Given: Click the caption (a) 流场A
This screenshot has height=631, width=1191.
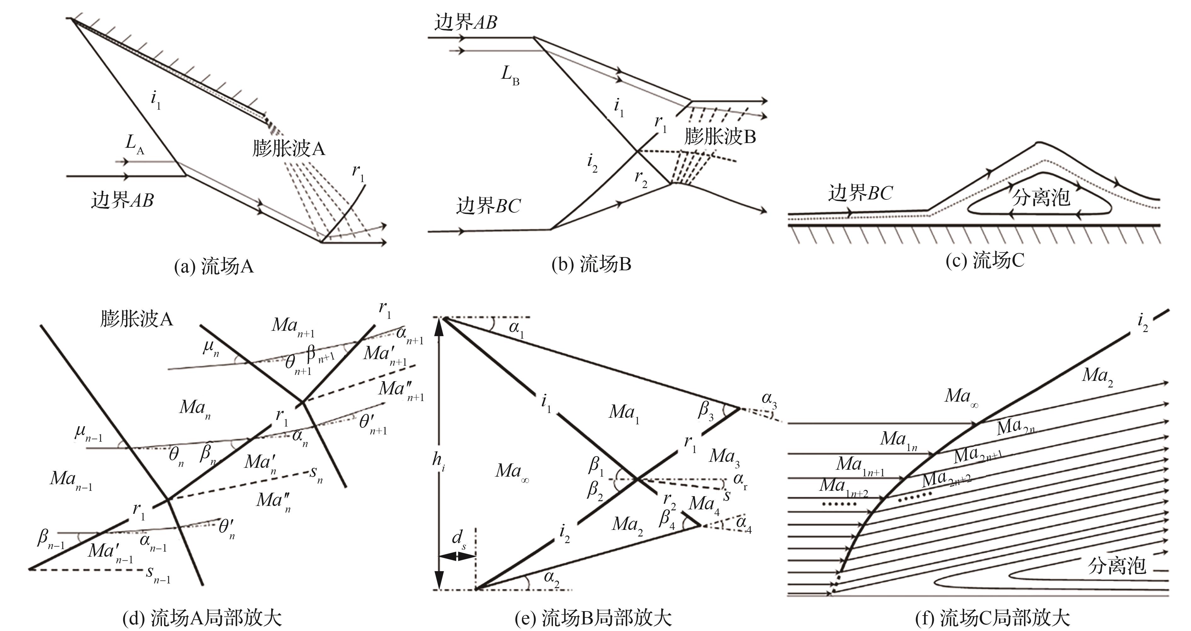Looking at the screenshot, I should [214, 267].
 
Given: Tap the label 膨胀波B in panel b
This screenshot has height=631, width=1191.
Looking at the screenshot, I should [720, 137].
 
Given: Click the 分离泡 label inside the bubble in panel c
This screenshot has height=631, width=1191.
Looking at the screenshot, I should [1041, 198].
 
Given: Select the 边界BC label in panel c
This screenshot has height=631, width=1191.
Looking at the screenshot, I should [860, 193].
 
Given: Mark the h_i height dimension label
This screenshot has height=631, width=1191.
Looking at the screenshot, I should [438, 461].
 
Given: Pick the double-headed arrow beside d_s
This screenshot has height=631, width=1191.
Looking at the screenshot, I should [457, 556].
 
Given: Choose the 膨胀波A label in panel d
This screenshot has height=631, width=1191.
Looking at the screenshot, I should [136, 319].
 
